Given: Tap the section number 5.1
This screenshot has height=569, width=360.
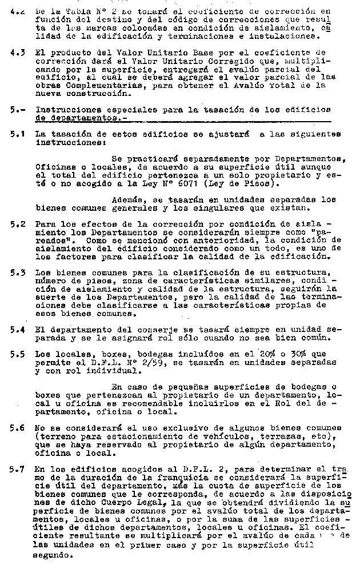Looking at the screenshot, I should [17, 135].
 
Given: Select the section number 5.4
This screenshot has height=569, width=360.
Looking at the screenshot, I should [17, 330].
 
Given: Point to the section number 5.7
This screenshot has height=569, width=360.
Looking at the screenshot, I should [17, 469].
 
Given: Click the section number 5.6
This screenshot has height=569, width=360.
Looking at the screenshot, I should [17, 427].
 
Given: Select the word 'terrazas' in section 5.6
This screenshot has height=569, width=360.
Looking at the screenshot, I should [261, 437].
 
